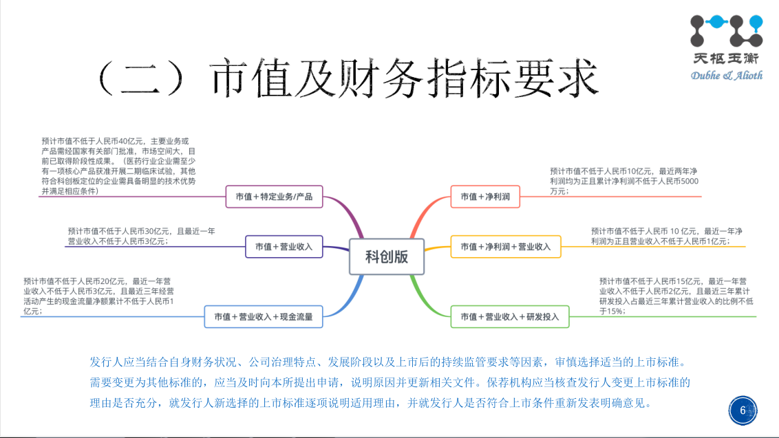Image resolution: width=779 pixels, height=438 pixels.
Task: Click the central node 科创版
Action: point(387,256)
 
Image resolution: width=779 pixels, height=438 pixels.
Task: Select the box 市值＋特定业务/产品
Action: point(274,197)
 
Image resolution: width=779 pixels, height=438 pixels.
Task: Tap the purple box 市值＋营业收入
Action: point(284,246)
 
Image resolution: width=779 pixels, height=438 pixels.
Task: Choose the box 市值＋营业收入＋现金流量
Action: point(263,316)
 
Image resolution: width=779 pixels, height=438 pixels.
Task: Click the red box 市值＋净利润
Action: point(485,197)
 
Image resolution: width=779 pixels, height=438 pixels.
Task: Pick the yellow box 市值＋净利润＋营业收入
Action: point(506,246)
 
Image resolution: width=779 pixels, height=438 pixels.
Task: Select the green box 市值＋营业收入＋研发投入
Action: point(510,316)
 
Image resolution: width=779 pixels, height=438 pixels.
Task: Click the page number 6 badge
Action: point(743,410)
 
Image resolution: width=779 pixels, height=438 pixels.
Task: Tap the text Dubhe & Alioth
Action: point(727,75)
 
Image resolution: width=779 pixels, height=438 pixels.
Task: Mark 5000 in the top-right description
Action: point(689,181)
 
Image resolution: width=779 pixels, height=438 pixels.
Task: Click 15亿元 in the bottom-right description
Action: point(690,281)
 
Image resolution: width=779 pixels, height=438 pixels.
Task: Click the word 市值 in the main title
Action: point(242,78)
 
